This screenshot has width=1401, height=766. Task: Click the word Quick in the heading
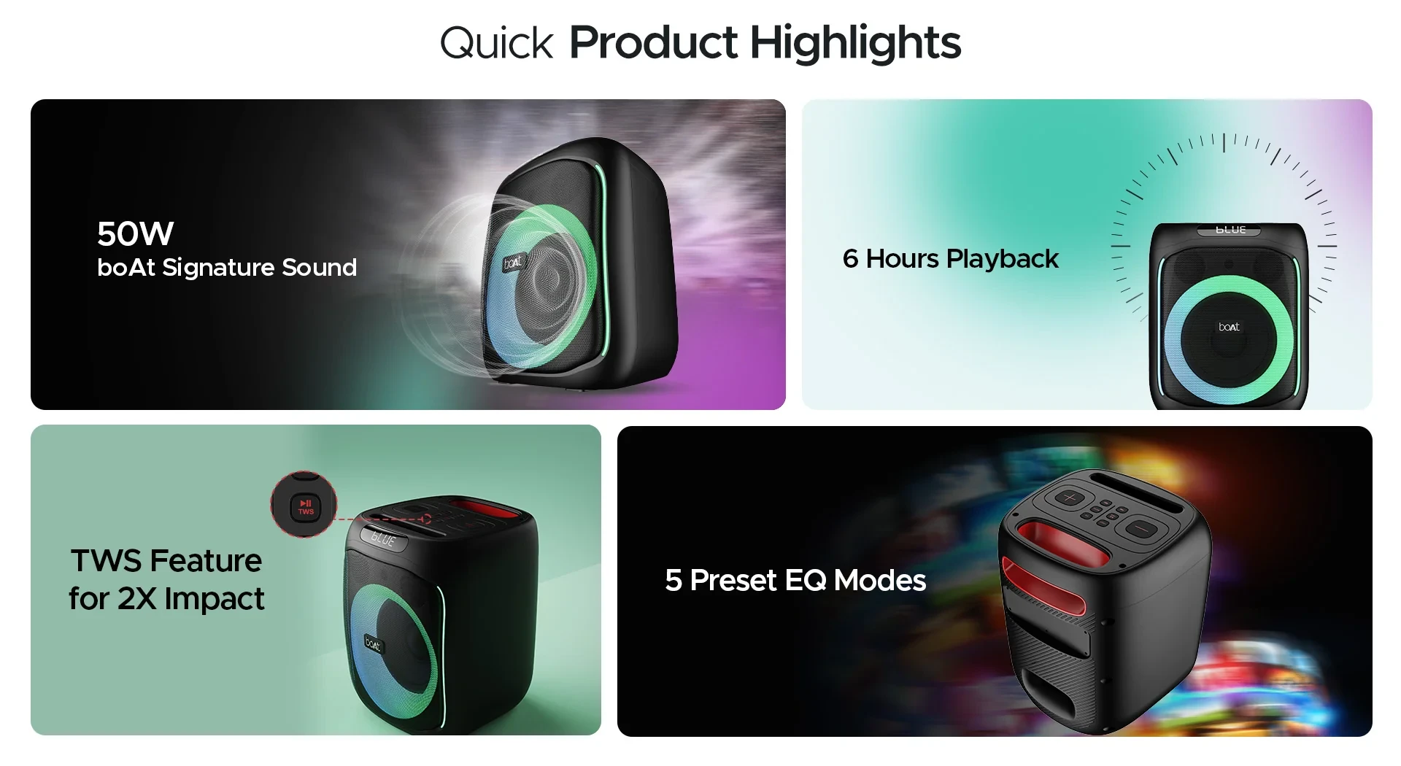coord(496,44)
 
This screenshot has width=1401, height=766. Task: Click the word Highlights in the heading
coord(855,44)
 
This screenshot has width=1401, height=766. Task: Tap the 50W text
coord(135,234)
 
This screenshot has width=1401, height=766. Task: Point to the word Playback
coord(1002,259)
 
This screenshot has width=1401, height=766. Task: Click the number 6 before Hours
coord(850,259)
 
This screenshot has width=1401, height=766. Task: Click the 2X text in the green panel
coord(137,599)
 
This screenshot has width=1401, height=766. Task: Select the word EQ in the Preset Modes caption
coord(806,581)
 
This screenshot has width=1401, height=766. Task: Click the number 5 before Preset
coord(673,581)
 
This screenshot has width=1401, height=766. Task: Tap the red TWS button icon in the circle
coord(305,506)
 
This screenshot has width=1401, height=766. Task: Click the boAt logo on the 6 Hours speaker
coord(1229,327)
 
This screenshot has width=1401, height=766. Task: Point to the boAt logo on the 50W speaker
coord(514,262)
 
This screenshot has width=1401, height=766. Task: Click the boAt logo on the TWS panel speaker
coord(373,643)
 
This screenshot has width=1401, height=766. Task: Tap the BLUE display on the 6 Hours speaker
coord(1230,230)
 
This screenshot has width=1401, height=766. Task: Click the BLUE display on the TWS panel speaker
coord(383,539)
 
